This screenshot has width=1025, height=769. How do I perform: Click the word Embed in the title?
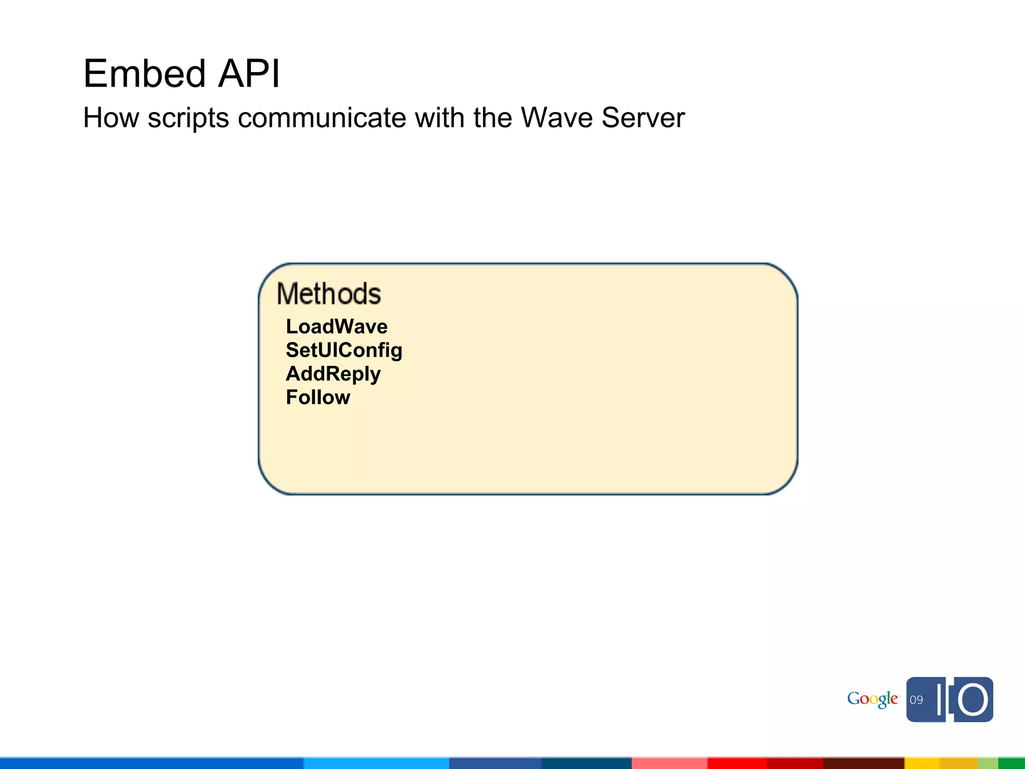(x=144, y=74)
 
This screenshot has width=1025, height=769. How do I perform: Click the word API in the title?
(x=249, y=74)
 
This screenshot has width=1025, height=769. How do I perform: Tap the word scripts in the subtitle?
(x=188, y=119)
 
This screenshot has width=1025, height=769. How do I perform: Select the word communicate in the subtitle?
(x=322, y=118)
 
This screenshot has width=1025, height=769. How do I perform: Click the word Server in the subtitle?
(x=643, y=118)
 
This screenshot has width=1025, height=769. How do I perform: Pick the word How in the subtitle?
(x=111, y=118)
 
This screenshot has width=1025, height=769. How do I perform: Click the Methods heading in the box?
(x=329, y=293)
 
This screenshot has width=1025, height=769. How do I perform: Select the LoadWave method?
(x=336, y=326)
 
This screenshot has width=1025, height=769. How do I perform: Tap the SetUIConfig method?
(x=344, y=350)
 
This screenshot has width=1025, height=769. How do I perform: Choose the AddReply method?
(x=333, y=374)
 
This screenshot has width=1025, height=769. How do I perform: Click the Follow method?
(x=318, y=398)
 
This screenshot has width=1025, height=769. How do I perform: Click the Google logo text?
(x=872, y=699)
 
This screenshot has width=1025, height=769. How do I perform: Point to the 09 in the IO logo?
(x=916, y=700)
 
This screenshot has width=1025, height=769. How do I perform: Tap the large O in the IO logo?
(x=973, y=700)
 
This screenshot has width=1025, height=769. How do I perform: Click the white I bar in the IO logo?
(x=941, y=699)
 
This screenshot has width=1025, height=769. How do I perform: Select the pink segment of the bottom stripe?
(x=669, y=763)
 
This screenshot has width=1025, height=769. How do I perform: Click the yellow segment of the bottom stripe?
(x=941, y=763)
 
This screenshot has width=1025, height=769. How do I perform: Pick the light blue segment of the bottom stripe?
(x=376, y=763)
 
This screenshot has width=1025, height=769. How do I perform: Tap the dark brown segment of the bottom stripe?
(x=863, y=763)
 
